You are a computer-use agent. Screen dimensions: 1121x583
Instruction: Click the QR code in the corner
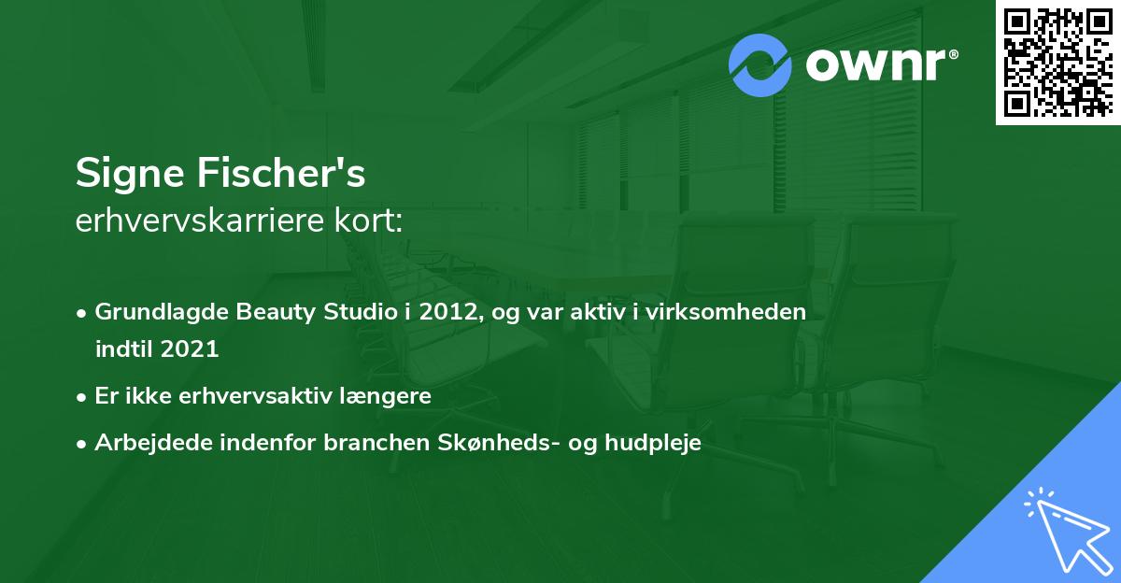point(1057,62)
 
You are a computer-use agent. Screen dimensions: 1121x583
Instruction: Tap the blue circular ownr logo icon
point(759,65)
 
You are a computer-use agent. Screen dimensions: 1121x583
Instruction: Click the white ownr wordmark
point(881,64)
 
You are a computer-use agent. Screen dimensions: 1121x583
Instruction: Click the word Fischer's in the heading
point(281,172)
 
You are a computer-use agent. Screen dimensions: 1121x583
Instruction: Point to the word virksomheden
point(726,311)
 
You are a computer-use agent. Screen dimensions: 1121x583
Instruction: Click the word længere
point(385,396)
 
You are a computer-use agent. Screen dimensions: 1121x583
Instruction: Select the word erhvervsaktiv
point(255,396)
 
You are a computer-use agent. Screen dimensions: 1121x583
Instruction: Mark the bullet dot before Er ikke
point(80,398)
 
